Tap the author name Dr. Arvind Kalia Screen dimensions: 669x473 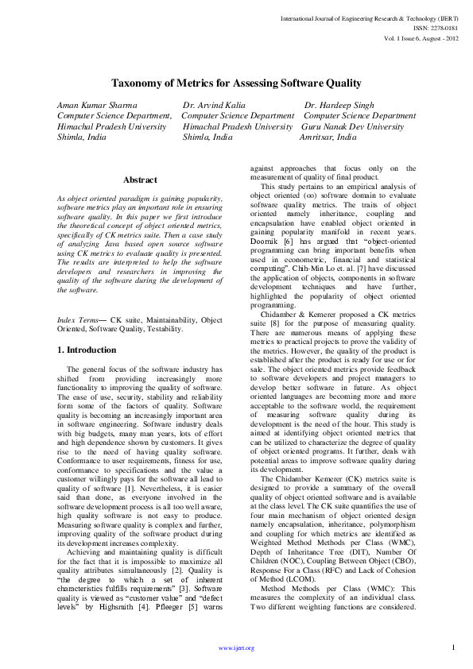point(214,105)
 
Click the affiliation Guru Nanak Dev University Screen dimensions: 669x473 point(352,126)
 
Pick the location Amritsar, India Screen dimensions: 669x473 point(328,137)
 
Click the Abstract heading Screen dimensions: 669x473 point(140,180)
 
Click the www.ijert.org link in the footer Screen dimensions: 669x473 point(236,648)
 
